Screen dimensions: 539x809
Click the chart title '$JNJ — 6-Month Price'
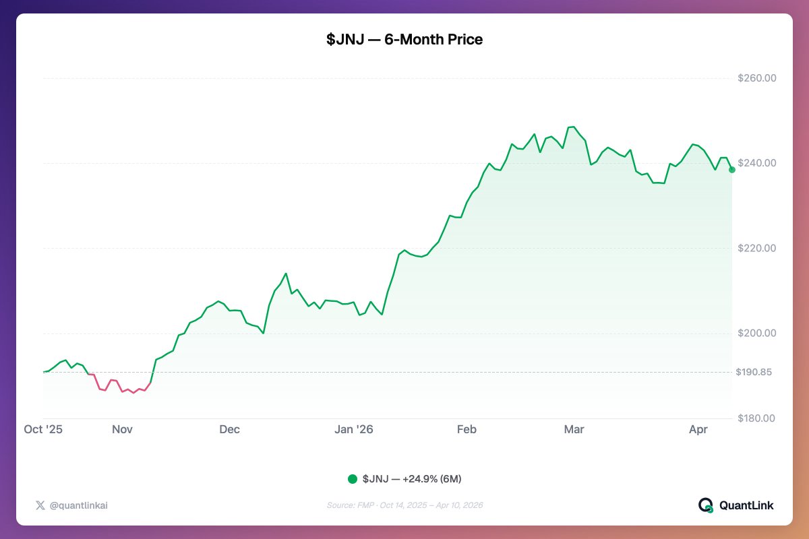point(404,40)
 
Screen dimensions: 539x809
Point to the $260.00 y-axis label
point(756,78)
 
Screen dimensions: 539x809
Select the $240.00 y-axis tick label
point(756,163)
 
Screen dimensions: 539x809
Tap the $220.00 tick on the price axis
point(756,248)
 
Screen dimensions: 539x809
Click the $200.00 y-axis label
point(756,334)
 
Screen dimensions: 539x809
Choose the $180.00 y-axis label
point(756,418)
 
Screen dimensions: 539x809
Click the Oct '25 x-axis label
point(43,429)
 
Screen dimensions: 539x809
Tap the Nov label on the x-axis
point(123,429)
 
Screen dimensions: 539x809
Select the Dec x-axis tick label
point(229,429)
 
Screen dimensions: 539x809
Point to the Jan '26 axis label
point(354,429)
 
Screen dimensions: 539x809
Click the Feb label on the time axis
point(467,429)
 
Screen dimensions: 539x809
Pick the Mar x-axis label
point(574,429)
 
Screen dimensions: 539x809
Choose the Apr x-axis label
point(698,429)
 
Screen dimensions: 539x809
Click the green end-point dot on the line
point(732,170)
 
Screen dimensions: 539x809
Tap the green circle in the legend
point(353,479)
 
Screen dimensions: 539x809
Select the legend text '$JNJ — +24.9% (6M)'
point(412,479)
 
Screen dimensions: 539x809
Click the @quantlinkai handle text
point(78,505)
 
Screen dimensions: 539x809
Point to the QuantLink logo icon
point(705,505)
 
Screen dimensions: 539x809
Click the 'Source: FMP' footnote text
point(404,505)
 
